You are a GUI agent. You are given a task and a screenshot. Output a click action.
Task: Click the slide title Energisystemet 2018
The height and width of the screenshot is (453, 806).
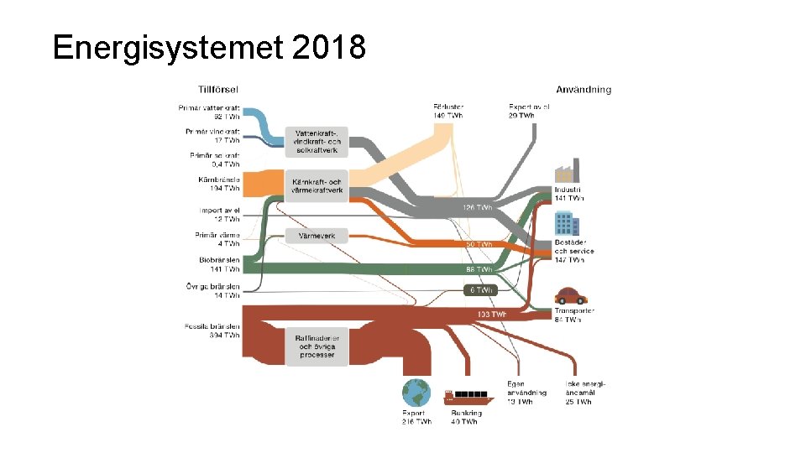click(x=208, y=48)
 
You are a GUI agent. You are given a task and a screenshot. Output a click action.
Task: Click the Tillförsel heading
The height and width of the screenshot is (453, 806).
click(x=218, y=89)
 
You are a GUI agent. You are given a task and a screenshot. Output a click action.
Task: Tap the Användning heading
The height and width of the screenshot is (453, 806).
click(x=584, y=90)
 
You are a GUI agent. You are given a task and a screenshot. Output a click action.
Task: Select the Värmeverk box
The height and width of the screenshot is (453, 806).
click(x=317, y=237)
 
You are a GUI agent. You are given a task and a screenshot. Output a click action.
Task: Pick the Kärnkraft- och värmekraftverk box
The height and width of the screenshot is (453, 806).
click(x=317, y=186)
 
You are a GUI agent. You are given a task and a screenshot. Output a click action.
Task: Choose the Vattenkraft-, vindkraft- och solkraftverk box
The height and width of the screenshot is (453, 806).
click(x=317, y=141)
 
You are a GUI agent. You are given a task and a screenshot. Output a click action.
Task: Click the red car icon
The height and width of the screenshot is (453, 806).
click(x=570, y=295)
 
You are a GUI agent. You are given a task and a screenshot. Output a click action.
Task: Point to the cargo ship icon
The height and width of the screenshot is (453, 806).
click(x=466, y=394)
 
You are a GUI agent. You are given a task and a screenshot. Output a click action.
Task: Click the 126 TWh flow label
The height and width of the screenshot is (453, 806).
click(x=478, y=206)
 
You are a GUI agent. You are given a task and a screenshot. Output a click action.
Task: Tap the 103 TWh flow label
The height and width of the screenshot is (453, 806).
click(x=491, y=315)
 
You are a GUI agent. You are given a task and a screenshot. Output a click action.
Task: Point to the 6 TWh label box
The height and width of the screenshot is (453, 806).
click(x=481, y=289)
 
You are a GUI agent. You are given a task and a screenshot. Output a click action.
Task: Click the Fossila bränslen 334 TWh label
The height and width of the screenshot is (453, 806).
click(x=212, y=331)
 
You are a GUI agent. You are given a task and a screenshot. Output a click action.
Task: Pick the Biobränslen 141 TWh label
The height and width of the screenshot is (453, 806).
click(x=219, y=265)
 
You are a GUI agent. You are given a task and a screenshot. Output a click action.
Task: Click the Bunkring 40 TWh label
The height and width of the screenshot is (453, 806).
click(x=466, y=417)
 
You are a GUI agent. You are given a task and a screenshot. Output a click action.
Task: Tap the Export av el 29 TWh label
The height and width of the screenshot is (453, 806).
click(x=528, y=111)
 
